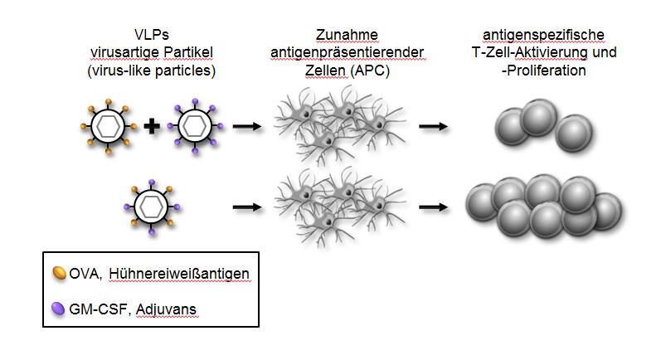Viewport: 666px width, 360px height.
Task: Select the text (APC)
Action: (370, 71)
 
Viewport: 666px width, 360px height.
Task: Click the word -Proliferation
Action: (543, 71)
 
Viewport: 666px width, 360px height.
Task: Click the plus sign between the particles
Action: (151, 127)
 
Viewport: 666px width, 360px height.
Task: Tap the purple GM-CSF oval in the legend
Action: (58, 308)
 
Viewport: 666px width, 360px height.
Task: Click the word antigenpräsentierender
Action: (347, 53)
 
